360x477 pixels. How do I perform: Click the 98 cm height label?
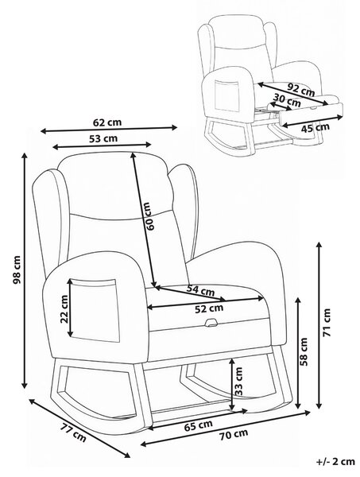(x=17, y=270)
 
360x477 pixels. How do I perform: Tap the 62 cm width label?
(x=107, y=122)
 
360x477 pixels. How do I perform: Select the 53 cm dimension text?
(x=103, y=138)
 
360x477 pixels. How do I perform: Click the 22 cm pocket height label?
(x=64, y=309)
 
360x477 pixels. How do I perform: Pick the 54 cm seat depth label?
(x=201, y=290)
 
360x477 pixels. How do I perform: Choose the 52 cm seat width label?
(x=209, y=308)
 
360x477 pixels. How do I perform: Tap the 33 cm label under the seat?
(x=239, y=381)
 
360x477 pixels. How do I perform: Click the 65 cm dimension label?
(x=199, y=425)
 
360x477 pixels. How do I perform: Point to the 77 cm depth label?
(x=72, y=433)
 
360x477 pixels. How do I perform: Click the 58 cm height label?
(x=304, y=351)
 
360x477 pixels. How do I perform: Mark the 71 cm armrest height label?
(x=327, y=323)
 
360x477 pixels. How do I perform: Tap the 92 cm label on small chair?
(x=301, y=90)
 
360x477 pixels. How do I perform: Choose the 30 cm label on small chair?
(x=287, y=99)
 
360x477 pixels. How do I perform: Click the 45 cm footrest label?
(x=315, y=127)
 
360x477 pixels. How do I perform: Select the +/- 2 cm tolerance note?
(x=335, y=461)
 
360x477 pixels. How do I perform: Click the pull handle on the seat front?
(x=211, y=323)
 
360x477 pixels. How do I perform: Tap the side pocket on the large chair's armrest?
(x=94, y=310)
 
